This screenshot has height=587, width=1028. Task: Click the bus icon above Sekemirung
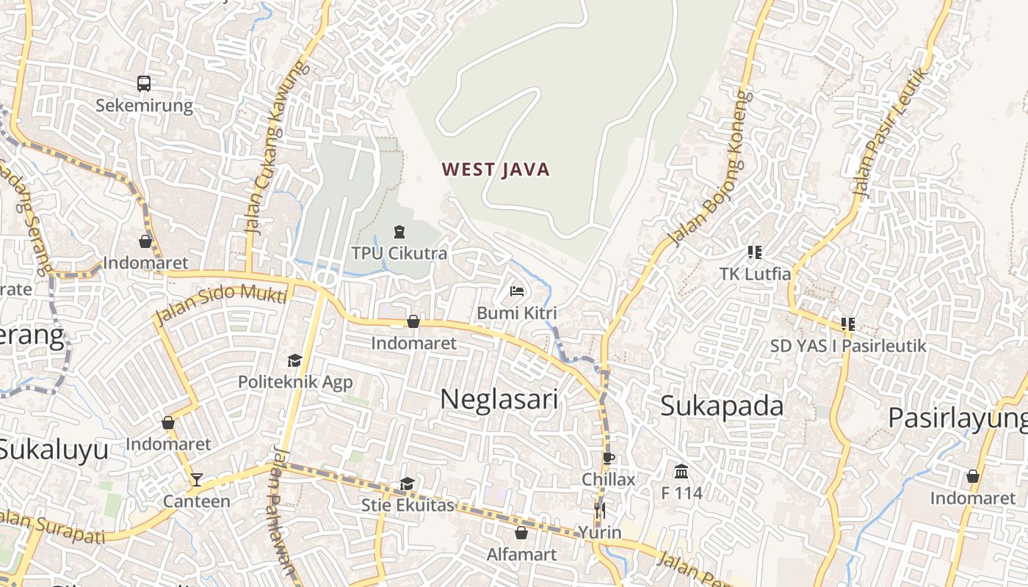coord(144,84)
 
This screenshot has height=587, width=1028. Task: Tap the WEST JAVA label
coord(496,170)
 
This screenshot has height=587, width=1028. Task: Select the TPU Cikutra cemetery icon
coord(399,232)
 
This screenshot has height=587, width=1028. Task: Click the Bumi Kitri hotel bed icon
coord(517,291)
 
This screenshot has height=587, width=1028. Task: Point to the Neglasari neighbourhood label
coord(499,399)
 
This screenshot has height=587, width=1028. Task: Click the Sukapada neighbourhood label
coord(722,406)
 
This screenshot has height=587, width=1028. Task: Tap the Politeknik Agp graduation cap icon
coord(294,360)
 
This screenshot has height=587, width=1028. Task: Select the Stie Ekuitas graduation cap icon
coord(407,484)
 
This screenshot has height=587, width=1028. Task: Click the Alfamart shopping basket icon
coord(521,532)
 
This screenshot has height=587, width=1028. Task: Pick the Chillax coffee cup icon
coord(608,459)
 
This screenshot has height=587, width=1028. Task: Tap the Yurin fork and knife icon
coord(600,510)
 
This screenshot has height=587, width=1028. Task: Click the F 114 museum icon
coord(681,471)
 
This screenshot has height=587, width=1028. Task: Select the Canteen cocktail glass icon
coord(196,480)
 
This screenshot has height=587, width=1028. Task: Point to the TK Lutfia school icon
coord(754,252)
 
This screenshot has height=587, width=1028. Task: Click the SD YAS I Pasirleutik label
coord(848,346)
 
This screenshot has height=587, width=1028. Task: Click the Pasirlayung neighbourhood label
coord(958,418)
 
